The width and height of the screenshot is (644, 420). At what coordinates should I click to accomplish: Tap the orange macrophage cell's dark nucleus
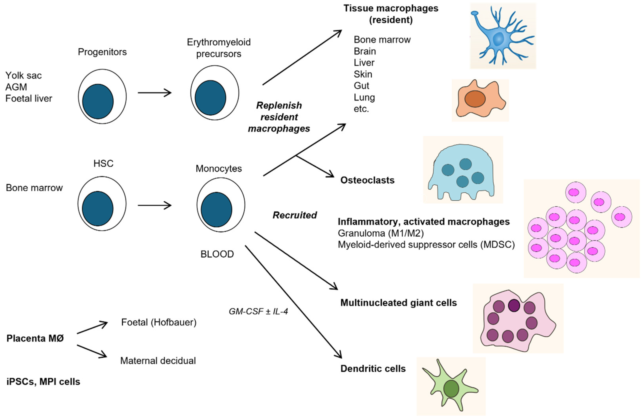point(475,99)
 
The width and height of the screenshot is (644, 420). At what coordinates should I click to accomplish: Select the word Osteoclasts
point(367,180)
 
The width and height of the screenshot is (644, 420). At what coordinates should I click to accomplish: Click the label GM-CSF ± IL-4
point(258,311)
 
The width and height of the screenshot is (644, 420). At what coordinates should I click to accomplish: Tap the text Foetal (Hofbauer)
point(159,322)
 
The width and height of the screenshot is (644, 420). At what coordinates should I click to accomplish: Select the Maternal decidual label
point(158,361)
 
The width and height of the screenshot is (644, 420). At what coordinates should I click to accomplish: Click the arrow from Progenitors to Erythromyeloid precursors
point(154,93)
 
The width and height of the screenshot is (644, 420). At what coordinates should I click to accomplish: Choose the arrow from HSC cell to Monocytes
point(154,205)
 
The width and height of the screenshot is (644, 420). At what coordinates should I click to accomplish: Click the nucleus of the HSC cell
point(98,209)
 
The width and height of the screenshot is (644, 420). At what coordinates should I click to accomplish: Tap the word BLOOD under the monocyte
point(217,254)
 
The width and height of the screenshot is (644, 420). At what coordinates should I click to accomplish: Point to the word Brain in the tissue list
point(365,51)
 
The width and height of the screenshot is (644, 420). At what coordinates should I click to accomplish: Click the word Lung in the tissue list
point(364,97)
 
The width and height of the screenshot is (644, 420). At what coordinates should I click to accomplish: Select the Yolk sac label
point(24,75)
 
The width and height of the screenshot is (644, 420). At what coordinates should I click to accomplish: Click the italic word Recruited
point(294,215)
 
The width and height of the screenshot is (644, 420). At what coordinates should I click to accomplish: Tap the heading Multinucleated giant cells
point(398,302)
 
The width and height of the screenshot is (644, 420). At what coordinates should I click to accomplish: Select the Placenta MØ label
point(35,338)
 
